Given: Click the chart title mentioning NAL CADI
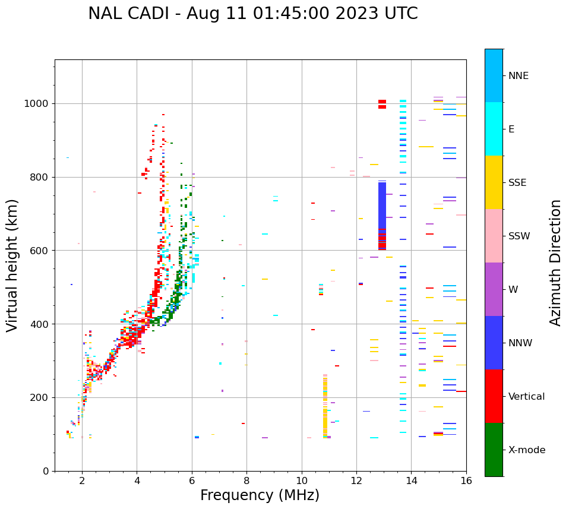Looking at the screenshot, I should [252, 14].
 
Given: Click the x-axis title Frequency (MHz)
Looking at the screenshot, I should [260, 495].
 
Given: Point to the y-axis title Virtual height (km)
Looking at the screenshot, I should [12, 265].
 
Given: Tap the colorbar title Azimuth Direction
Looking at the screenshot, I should [555, 263].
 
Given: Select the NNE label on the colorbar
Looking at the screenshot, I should [518, 76].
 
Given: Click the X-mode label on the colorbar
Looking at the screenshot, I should [526, 450].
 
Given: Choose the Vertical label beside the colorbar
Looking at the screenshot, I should [526, 397].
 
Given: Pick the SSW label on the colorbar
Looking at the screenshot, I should [519, 236].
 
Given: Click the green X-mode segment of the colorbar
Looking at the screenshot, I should [494, 450].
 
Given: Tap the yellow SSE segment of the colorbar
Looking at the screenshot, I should [494, 182].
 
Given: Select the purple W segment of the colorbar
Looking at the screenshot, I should [494, 289].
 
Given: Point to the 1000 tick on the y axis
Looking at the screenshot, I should [38, 104].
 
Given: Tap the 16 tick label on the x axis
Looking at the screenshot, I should [466, 481].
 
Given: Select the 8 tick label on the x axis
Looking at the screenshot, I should [246, 481].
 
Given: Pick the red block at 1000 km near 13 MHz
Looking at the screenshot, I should [382, 105].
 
